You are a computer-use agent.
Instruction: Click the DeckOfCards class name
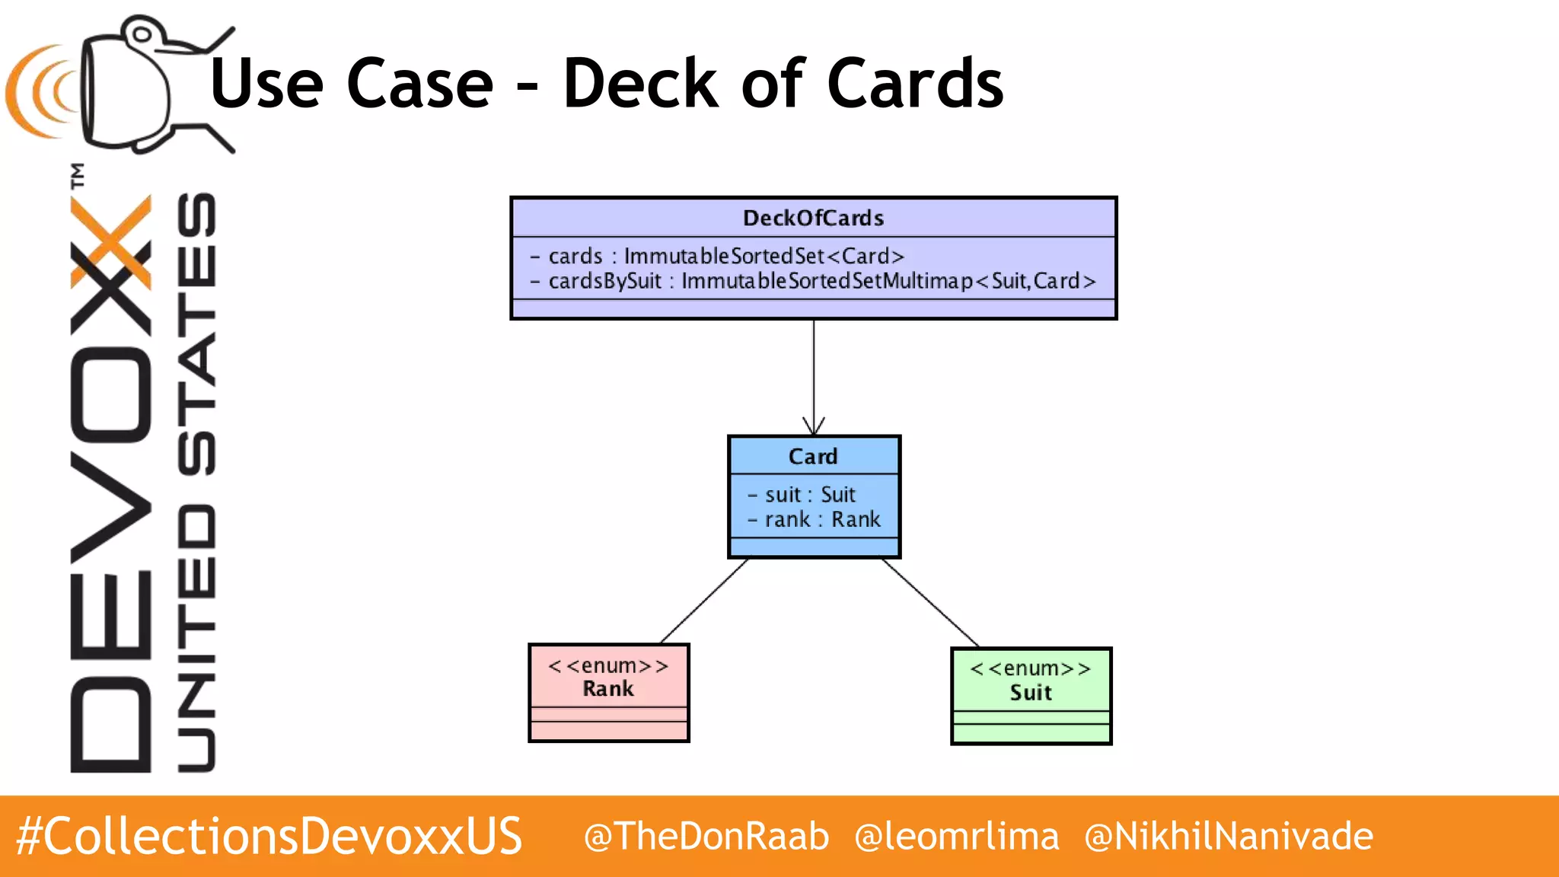click(813, 218)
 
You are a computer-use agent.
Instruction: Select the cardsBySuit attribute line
click(813, 282)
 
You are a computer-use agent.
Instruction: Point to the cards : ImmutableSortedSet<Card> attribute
click(726, 257)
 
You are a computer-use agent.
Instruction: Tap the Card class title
click(813, 457)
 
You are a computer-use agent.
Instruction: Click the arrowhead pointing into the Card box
click(814, 427)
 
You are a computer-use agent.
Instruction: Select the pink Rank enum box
click(609, 693)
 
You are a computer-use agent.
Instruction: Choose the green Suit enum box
click(1031, 696)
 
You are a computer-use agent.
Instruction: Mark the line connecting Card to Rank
click(704, 601)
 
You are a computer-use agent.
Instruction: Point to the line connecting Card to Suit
click(930, 603)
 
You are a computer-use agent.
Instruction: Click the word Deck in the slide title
click(640, 84)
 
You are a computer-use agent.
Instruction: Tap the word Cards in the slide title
click(914, 84)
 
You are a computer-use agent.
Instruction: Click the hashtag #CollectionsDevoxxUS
click(269, 836)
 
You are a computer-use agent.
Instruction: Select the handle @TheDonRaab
click(706, 836)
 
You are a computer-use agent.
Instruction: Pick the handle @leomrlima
click(957, 836)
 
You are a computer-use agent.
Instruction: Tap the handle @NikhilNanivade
click(1229, 836)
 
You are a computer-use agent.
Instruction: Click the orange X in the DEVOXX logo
click(111, 242)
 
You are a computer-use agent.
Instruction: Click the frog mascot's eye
click(142, 34)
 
